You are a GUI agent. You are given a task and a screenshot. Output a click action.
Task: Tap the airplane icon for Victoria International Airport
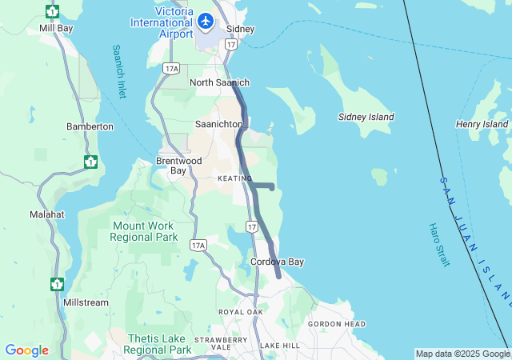click(x=206, y=21)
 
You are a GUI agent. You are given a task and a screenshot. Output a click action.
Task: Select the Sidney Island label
click(x=366, y=117)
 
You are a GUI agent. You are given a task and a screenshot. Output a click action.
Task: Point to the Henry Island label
click(x=482, y=124)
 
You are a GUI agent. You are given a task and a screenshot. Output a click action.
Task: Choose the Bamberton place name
click(x=90, y=126)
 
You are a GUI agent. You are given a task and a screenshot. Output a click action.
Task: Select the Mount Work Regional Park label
click(x=143, y=232)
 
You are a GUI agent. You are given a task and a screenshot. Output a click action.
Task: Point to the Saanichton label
click(x=218, y=124)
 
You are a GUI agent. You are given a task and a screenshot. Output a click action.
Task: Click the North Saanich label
click(x=219, y=82)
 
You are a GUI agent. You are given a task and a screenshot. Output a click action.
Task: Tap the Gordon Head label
click(x=337, y=324)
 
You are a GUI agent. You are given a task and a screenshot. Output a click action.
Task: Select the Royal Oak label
click(x=240, y=312)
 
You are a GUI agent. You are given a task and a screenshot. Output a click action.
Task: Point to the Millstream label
click(x=86, y=303)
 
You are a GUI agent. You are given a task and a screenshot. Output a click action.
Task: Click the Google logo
click(x=26, y=350)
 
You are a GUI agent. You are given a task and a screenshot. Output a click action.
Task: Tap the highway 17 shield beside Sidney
click(x=230, y=45)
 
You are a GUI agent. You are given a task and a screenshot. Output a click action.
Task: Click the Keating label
click(x=234, y=178)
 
